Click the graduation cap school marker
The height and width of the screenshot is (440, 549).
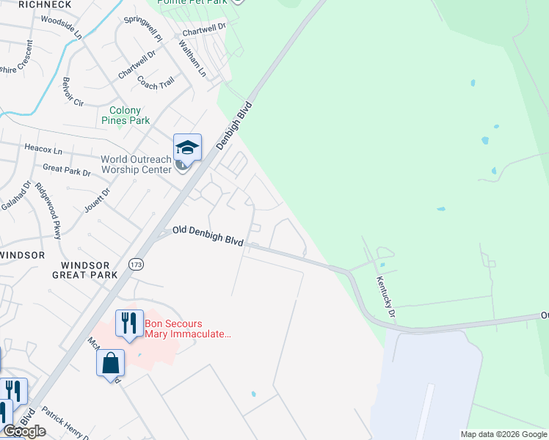(x=187, y=148)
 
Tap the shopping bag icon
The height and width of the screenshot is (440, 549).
(x=110, y=363)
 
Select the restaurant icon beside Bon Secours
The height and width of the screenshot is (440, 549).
(x=129, y=323)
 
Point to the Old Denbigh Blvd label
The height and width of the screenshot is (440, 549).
(x=208, y=235)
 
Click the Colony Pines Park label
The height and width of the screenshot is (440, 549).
(x=125, y=115)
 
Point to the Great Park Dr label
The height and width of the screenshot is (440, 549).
(x=66, y=171)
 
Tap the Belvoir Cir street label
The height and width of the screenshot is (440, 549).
(x=76, y=90)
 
